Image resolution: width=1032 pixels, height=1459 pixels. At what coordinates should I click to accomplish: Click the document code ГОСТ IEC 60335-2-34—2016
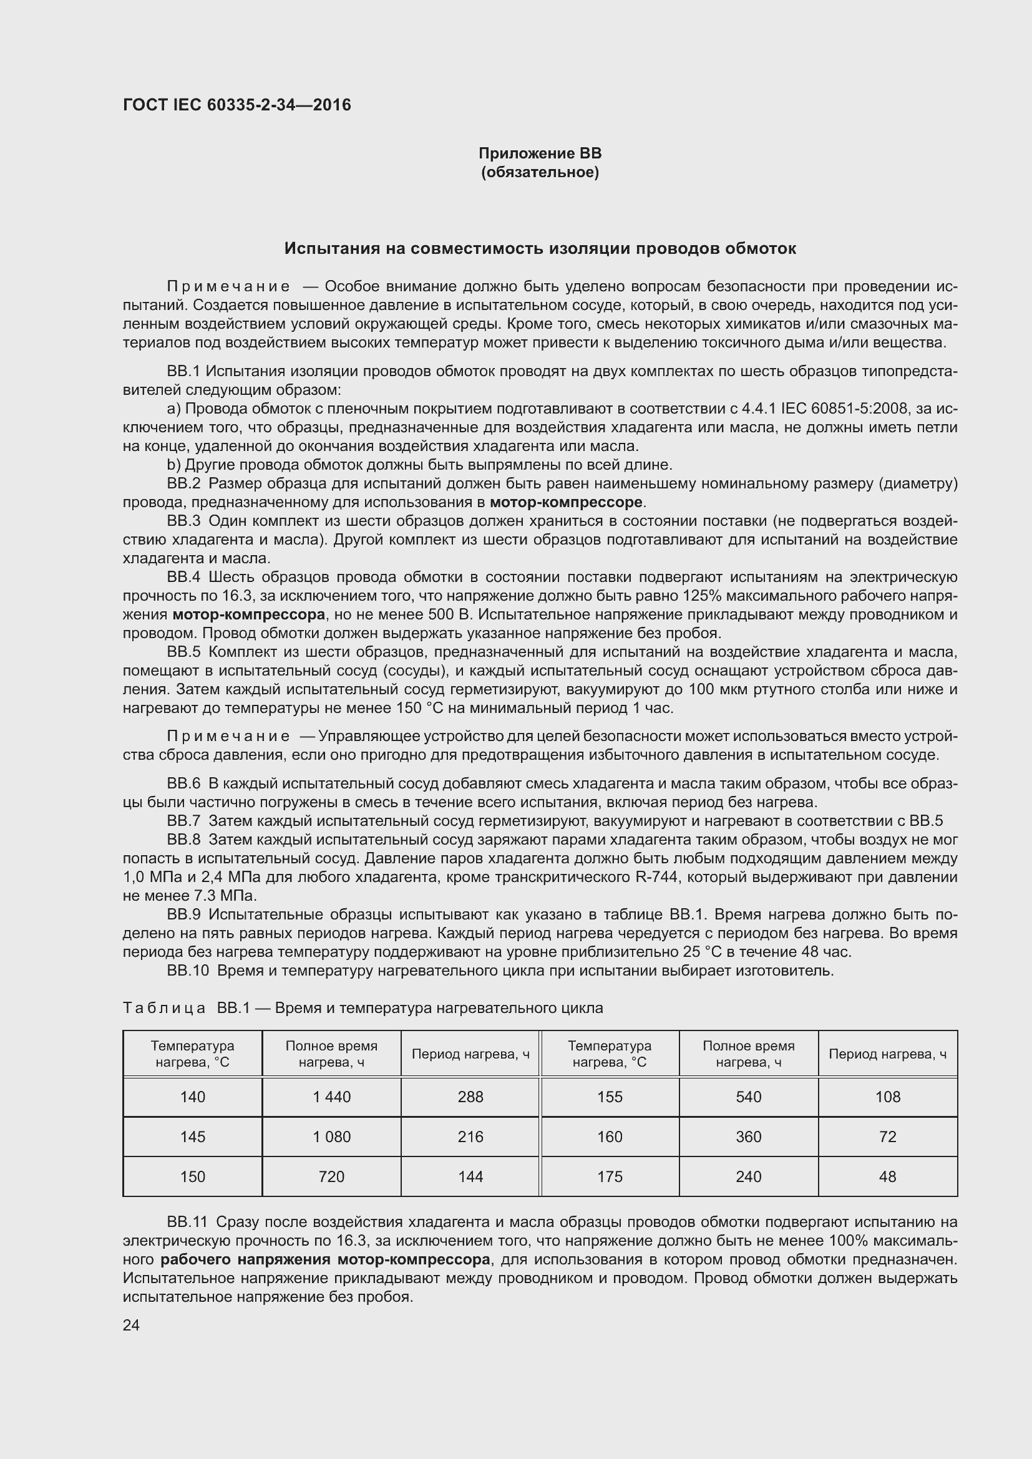point(236,105)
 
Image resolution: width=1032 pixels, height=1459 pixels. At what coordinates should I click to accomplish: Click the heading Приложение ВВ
point(540,153)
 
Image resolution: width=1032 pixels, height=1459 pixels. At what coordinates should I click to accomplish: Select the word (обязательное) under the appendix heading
point(540,172)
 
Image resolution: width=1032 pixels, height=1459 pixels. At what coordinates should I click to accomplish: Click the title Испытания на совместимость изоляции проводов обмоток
point(540,248)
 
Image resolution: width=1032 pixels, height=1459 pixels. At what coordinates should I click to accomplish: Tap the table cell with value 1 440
point(331,1097)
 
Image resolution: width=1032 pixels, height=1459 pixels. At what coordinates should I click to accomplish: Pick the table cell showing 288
point(470,1097)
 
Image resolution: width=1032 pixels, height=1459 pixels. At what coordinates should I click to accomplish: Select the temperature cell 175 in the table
point(610,1176)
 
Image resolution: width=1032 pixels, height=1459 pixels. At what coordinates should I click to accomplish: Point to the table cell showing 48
point(887,1176)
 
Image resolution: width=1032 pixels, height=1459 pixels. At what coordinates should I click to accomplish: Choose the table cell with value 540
point(748,1097)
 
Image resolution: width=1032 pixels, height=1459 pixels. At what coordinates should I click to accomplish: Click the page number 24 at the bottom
point(131,1325)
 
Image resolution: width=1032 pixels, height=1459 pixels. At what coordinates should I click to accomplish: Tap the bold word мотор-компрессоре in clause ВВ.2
point(566,503)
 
